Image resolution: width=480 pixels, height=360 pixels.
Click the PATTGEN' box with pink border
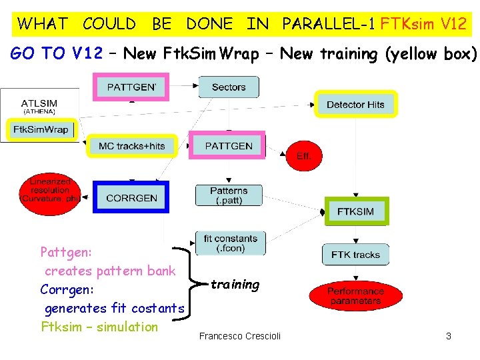pyautogui.click(x=131, y=87)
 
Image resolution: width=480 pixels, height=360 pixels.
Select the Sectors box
pyautogui.click(x=229, y=87)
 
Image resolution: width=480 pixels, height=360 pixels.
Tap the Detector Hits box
pyautogui.click(x=355, y=105)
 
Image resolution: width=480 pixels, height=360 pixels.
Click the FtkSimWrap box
pyautogui.click(x=41, y=129)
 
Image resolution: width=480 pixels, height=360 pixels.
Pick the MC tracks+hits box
pyautogui.click(x=131, y=146)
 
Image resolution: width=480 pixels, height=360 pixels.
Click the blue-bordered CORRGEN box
pyautogui.click(x=131, y=197)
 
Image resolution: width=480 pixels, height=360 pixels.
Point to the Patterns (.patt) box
pyautogui.click(x=229, y=195)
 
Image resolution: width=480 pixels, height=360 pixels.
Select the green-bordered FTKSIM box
pyautogui.click(x=355, y=211)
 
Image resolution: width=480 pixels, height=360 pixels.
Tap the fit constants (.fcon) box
pyautogui.click(x=230, y=243)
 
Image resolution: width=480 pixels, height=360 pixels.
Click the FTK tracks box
pyautogui.click(x=355, y=255)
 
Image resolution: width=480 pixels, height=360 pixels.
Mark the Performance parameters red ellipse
pyautogui.click(x=355, y=296)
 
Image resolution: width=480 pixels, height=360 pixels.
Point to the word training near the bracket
pyautogui.click(x=235, y=285)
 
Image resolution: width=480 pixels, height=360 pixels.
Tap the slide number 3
pyautogui.click(x=449, y=336)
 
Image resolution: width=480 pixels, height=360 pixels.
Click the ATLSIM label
pyautogui.click(x=39, y=103)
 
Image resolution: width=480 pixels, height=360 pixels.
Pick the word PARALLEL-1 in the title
pyautogui.click(x=328, y=25)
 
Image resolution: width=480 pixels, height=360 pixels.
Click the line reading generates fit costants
pyautogui.click(x=114, y=308)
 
